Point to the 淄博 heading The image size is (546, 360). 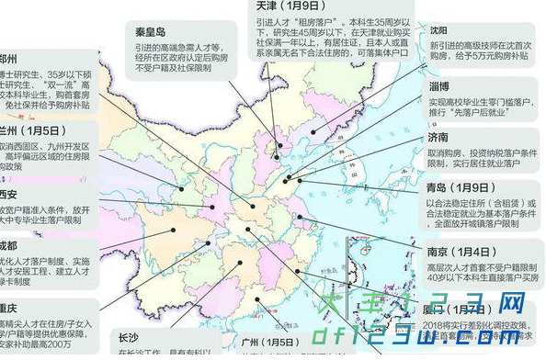pos(438,86)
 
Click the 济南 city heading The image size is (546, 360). pos(438,137)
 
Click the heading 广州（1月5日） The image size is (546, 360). pos(267,342)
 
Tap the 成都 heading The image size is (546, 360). pos(8,247)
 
